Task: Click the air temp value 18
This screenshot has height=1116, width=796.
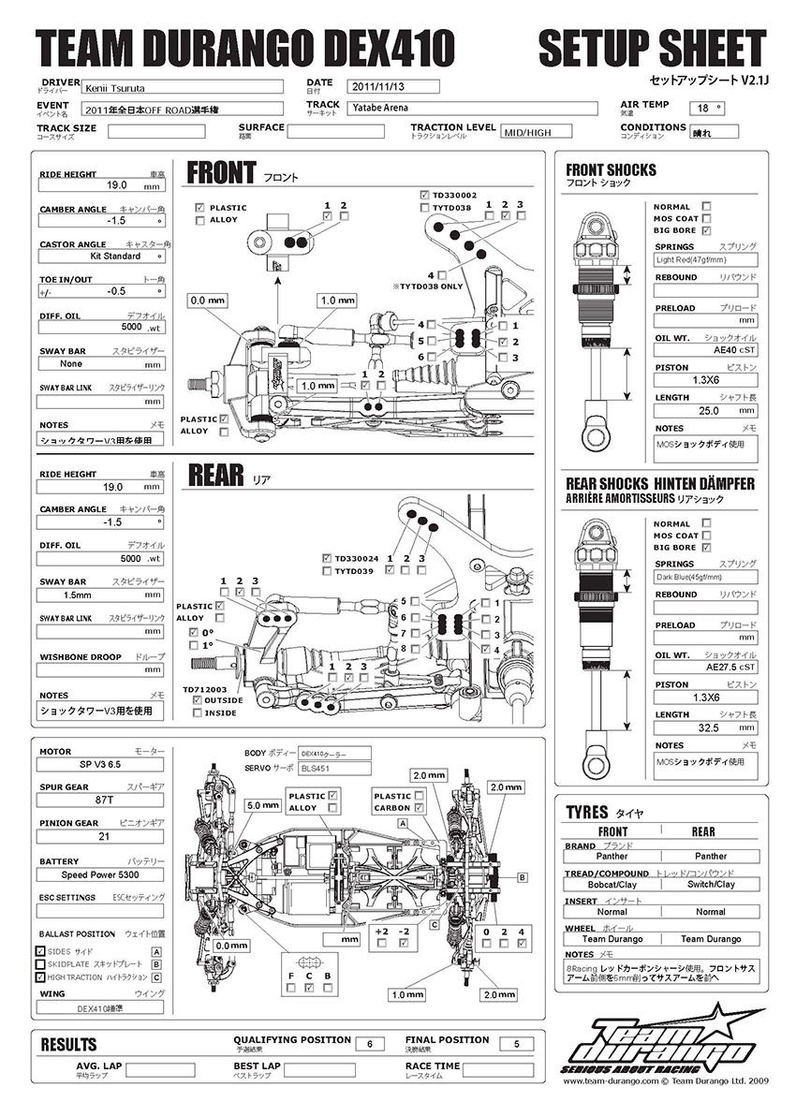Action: (709, 109)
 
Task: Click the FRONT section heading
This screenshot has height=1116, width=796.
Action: (221, 172)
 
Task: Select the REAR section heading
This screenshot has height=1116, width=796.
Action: (216, 475)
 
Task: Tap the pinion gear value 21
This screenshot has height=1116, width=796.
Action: (99, 838)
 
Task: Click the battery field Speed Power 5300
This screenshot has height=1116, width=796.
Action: (99, 875)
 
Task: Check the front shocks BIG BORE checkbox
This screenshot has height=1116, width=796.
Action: (706, 230)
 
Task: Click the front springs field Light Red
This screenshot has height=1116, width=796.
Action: (704, 261)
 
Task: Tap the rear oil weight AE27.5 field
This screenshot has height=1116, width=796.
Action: (704, 668)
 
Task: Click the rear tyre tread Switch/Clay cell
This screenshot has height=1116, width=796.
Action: (710, 884)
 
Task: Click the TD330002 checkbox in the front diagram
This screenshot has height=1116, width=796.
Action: (424, 195)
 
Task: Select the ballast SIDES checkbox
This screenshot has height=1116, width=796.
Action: (40, 951)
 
